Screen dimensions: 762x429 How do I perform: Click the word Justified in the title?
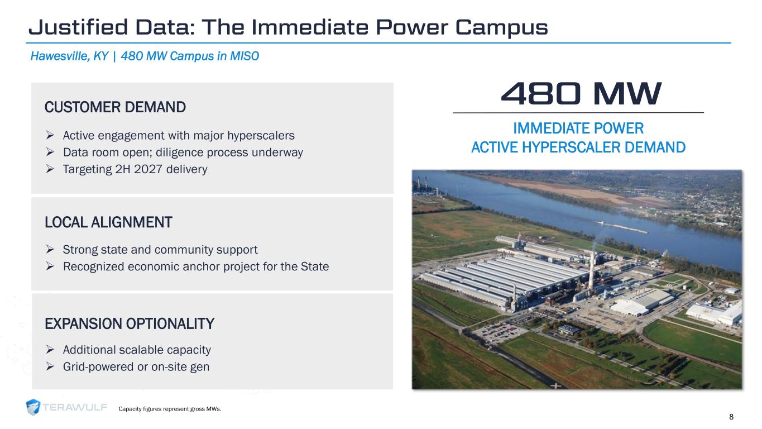point(78,27)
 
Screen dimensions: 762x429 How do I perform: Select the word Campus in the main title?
point(501,28)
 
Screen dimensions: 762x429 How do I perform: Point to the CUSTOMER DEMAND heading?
point(115,107)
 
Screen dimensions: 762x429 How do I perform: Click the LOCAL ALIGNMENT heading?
point(108,222)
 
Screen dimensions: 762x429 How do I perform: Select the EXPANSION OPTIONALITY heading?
point(130,323)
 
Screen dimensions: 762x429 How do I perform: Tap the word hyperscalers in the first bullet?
point(261,136)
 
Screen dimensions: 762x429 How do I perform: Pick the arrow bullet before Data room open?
point(50,152)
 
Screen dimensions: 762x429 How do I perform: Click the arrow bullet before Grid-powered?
point(50,366)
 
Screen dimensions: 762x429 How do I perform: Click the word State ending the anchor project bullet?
point(315,266)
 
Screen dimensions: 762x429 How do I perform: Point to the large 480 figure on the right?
point(540,94)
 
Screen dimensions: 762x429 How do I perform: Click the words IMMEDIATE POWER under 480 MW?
point(578,128)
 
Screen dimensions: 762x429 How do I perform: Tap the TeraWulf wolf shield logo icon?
point(33,407)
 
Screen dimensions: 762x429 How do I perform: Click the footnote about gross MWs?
point(170,409)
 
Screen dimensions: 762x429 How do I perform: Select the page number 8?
point(731,417)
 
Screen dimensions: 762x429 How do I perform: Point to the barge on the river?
point(622,227)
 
